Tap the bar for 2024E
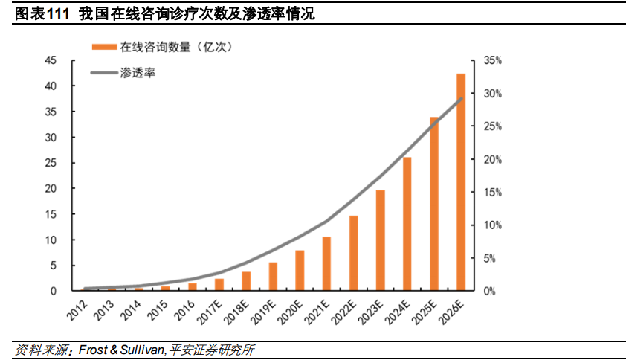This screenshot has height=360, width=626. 407,224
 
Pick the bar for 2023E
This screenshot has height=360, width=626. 381,240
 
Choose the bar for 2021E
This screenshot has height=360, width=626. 326,263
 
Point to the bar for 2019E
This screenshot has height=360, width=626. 273,276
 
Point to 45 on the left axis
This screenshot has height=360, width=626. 52,60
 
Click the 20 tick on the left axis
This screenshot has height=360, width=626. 52,189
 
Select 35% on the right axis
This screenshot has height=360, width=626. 493,60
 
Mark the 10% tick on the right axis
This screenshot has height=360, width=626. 493,225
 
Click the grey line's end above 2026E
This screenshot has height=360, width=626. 462,98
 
